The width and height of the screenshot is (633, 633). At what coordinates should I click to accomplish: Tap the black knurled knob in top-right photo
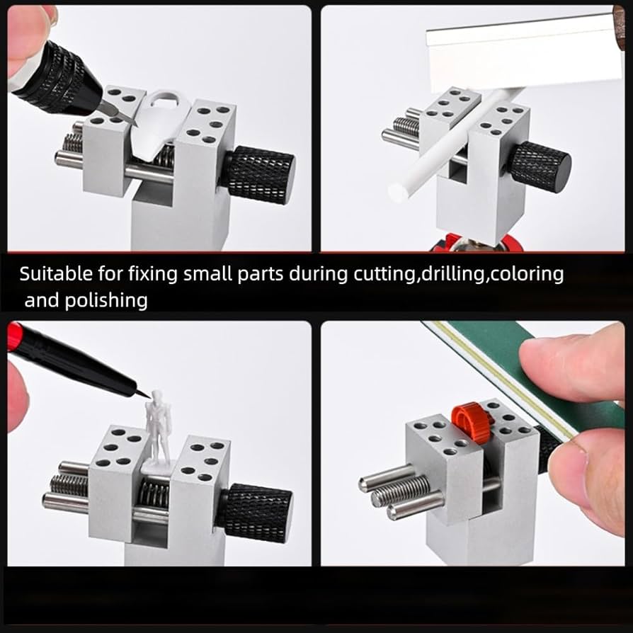point(539,168)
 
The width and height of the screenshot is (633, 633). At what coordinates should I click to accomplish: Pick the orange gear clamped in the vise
point(472,421)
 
